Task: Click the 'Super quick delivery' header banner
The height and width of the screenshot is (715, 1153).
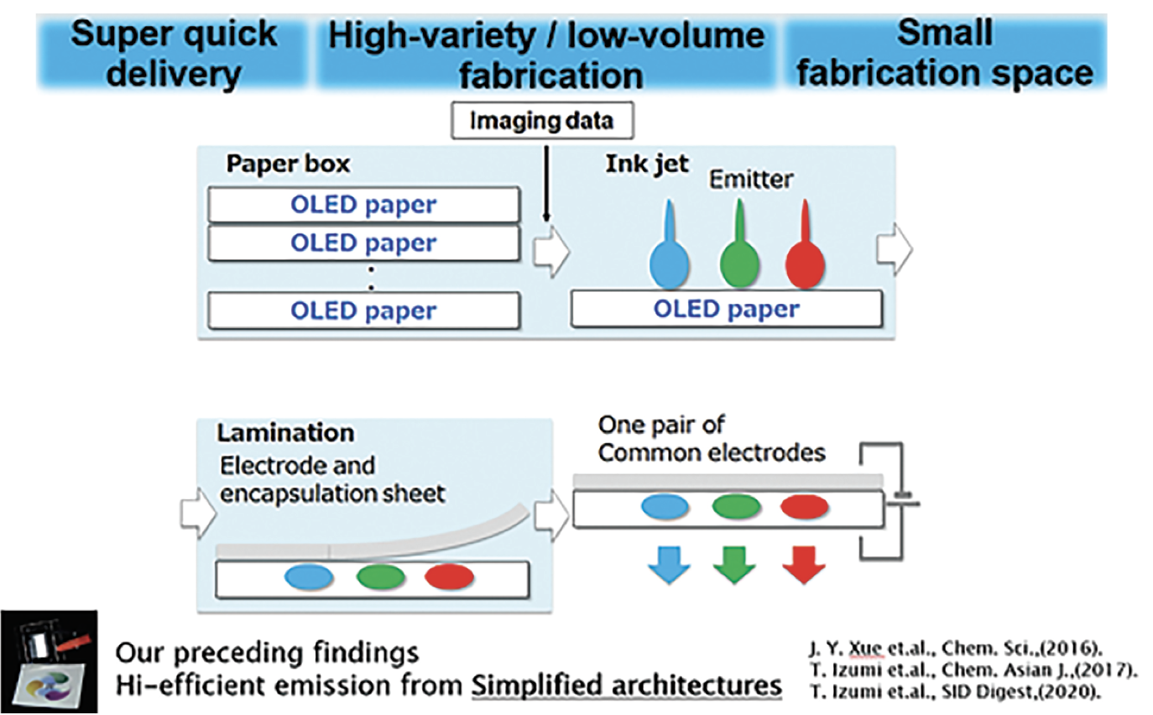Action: (x=174, y=54)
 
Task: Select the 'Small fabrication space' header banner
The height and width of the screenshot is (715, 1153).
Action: (x=944, y=54)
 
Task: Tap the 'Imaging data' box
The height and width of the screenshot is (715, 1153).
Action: (x=541, y=121)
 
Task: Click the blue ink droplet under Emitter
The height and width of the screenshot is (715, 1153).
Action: (x=670, y=252)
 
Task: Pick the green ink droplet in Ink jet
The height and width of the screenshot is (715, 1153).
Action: (x=739, y=252)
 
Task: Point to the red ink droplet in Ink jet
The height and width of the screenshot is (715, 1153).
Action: (x=805, y=252)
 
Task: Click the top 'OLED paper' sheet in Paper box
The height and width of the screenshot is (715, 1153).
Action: (x=363, y=205)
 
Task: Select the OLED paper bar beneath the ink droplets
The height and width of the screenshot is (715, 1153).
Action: (x=727, y=309)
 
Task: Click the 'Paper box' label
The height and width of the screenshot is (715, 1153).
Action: (x=288, y=164)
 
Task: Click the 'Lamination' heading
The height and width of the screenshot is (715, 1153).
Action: (x=285, y=433)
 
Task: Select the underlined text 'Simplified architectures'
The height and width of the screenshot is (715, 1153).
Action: (x=626, y=685)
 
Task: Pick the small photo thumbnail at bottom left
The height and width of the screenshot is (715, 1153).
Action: (x=49, y=661)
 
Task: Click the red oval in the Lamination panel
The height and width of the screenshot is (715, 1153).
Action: (x=450, y=577)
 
